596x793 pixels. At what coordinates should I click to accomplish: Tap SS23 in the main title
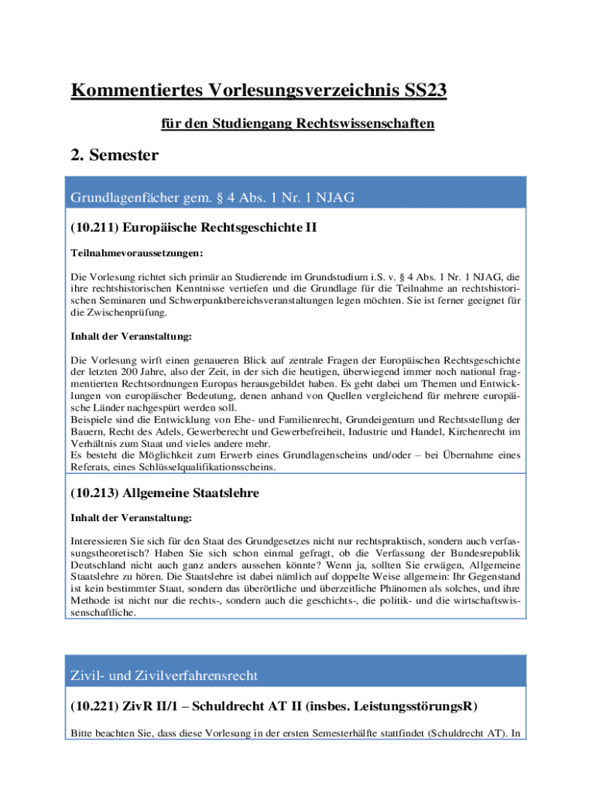click(x=421, y=91)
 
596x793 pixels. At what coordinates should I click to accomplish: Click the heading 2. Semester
click(x=115, y=155)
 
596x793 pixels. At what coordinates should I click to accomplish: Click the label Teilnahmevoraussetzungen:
click(x=126, y=253)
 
